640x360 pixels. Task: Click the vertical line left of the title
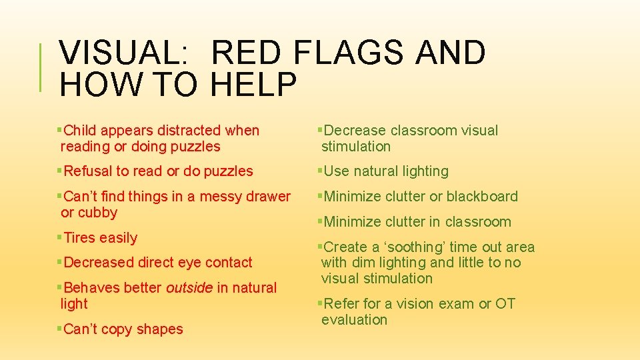tap(42, 67)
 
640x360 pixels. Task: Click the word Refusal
tap(87, 171)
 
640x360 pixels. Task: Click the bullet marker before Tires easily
tap(59, 238)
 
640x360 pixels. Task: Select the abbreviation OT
tap(505, 304)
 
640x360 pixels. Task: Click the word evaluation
tap(354, 320)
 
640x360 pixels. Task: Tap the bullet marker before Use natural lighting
tap(320, 171)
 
